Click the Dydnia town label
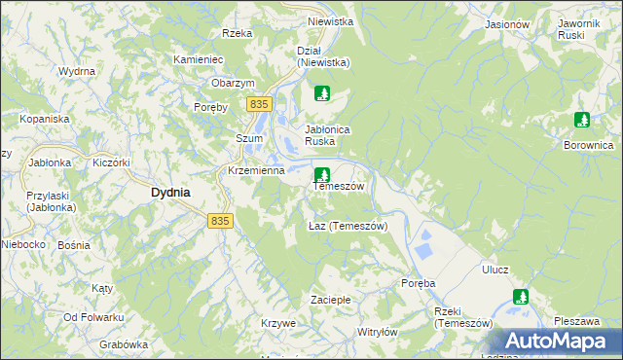point(170,193)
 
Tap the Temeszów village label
point(338,186)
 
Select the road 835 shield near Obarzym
point(258,104)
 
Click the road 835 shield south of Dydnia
point(221,222)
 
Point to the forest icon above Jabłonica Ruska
point(323,94)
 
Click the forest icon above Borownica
point(582,121)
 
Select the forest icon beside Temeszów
point(321,174)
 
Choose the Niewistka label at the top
point(329,20)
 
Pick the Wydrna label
point(76,71)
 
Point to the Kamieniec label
point(199,58)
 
